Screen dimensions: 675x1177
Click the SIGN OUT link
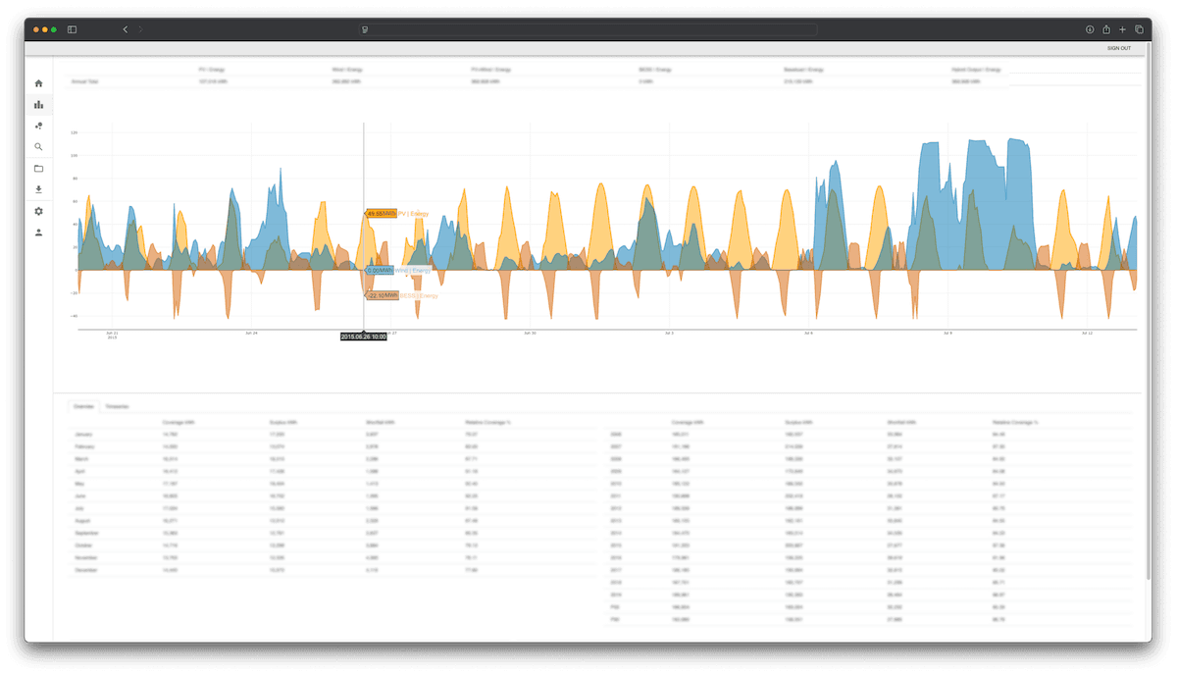(x=1118, y=48)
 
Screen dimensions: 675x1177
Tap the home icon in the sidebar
(x=38, y=83)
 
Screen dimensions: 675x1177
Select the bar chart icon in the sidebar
(x=38, y=104)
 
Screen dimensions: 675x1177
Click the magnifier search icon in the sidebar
(x=38, y=147)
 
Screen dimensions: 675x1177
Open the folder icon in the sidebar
(x=38, y=169)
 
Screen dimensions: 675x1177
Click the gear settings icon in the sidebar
(x=38, y=211)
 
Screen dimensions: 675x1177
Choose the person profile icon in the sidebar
(x=38, y=233)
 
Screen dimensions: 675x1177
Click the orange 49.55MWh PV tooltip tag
(x=382, y=213)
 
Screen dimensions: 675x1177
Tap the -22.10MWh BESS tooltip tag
(x=383, y=294)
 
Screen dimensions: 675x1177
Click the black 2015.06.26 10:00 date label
(x=363, y=337)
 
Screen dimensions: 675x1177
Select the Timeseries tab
(x=117, y=405)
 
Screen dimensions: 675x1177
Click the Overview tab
(x=84, y=405)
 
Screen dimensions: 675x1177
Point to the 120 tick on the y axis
(x=74, y=132)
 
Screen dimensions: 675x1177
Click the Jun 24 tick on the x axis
(x=252, y=334)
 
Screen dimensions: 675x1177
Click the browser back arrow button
(x=125, y=29)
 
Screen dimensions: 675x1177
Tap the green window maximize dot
(x=54, y=29)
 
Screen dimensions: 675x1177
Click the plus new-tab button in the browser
(x=1123, y=29)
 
